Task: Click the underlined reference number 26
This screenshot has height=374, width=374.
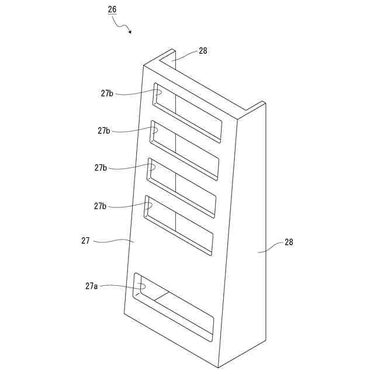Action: (x=112, y=9)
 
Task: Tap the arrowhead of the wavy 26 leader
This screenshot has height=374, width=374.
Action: (x=129, y=32)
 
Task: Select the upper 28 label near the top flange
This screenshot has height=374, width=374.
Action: (x=203, y=51)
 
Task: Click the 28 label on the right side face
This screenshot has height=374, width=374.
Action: (x=289, y=242)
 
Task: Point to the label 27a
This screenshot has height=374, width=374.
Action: (x=91, y=286)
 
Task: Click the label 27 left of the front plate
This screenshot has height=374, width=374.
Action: (x=85, y=240)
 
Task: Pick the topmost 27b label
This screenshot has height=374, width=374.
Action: (x=106, y=93)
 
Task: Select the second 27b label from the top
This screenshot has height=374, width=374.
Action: (x=104, y=131)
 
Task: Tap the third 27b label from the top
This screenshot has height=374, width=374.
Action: (x=101, y=168)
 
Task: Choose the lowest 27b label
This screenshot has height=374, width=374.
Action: (x=100, y=206)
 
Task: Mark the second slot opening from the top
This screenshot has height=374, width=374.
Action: (x=184, y=150)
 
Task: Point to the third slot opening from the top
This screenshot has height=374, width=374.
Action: (x=181, y=188)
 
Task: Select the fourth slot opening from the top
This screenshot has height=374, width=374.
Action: (x=178, y=225)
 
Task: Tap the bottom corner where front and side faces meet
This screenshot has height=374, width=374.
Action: (x=218, y=367)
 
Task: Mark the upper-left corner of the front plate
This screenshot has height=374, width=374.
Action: (x=144, y=65)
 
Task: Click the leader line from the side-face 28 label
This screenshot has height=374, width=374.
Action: (x=269, y=248)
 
